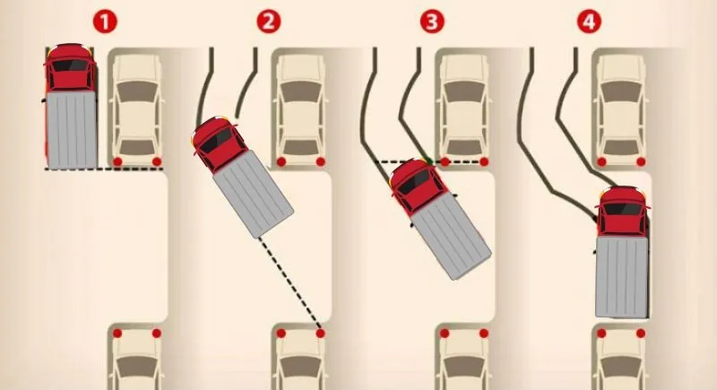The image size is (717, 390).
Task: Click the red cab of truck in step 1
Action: tap(70, 67)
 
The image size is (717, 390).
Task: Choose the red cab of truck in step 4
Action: tap(622, 212)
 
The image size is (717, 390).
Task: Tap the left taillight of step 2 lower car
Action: tap(280, 333)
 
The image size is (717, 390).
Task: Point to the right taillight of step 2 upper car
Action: tap(320, 161)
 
